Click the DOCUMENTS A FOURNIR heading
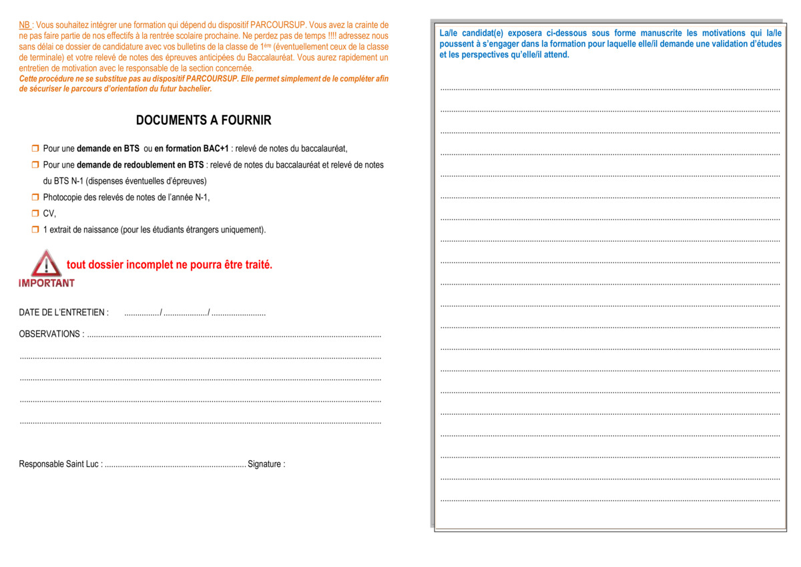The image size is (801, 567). [x=204, y=120]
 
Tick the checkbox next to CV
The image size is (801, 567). [x=35, y=214]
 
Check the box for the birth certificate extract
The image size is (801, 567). [x=35, y=230]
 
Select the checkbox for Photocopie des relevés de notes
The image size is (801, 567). [x=35, y=197]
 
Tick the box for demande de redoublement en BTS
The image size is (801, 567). [x=35, y=164]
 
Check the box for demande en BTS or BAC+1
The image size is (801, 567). [x=35, y=148]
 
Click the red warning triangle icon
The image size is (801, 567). [x=46, y=264]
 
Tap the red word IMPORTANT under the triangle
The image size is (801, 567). [x=47, y=283]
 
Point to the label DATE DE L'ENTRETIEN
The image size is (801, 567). [x=63, y=313]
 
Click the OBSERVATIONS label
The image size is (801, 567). [x=51, y=334]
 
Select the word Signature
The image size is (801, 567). [x=266, y=464]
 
